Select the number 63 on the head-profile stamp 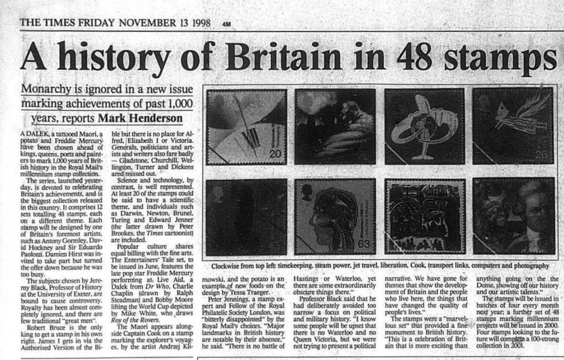point(362,244)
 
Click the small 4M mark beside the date point(226,24)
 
